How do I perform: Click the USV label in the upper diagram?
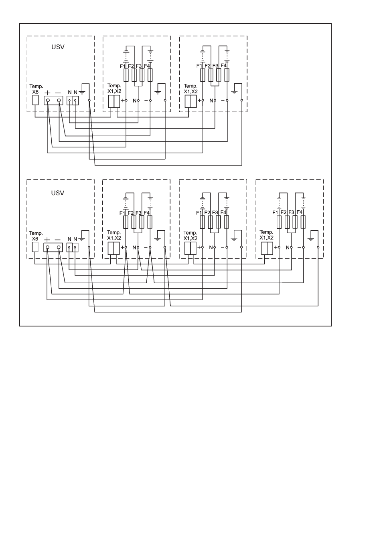coord(58,47)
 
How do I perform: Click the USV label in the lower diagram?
coord(58,193)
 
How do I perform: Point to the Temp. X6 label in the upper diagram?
coord(36,89)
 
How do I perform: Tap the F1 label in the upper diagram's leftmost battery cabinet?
coord(122,66)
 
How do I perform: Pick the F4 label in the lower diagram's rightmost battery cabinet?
coord(299,212)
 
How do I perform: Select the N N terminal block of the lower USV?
coord(72,247)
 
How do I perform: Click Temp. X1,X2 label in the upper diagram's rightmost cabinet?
coord(190,89)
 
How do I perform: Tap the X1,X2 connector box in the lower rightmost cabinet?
coord(267,248)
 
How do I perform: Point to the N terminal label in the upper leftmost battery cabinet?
coord(134,100)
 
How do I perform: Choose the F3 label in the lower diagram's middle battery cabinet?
coord(215,212)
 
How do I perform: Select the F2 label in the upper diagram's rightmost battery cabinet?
coord(207,66)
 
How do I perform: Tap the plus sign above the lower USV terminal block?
coord(47,240)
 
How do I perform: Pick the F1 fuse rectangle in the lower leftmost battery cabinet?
coord(126,222)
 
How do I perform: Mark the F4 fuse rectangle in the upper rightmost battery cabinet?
coord(227,75)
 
